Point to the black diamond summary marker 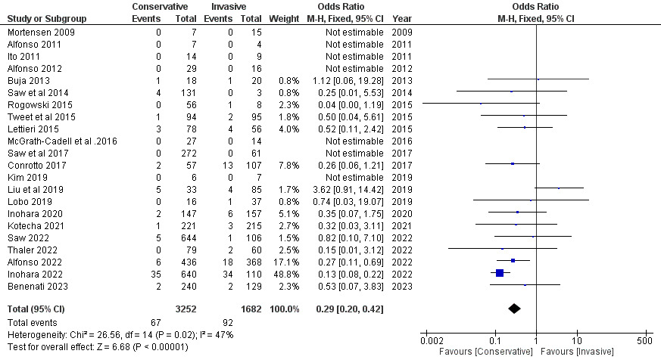(515, 308)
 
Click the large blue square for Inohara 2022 (499, 272)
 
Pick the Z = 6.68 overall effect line (97, 346)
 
